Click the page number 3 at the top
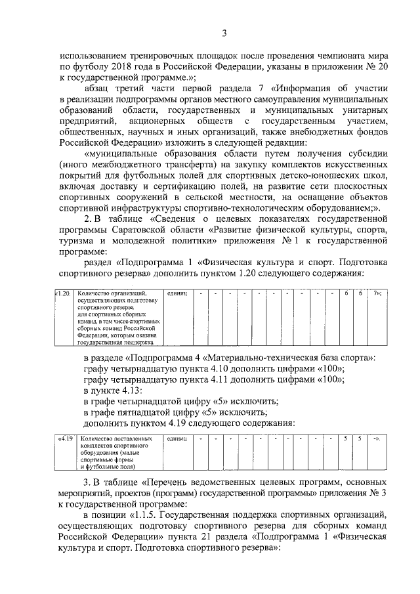click(x=224, y=34)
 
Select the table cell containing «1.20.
click(x=63, y=293)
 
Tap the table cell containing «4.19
click(x=64, y=438)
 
